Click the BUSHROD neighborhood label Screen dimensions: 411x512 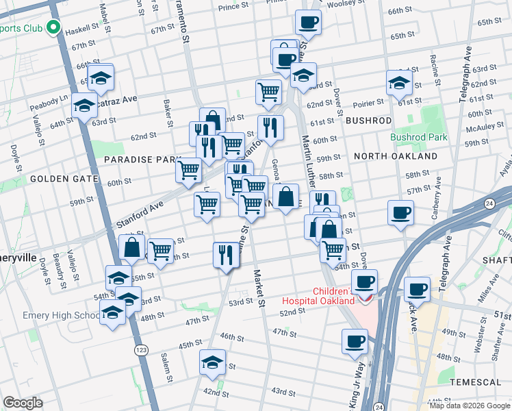tap(368, 121)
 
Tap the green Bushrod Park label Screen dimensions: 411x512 tap(418, 137)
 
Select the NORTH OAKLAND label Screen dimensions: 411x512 tap(396, 156)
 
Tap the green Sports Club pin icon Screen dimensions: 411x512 tap(53, 29)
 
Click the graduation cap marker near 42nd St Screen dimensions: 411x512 tap(213, 361)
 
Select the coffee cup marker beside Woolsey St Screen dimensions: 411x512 tap(308, 22)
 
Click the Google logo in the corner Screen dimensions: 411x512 tap(23, 403)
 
